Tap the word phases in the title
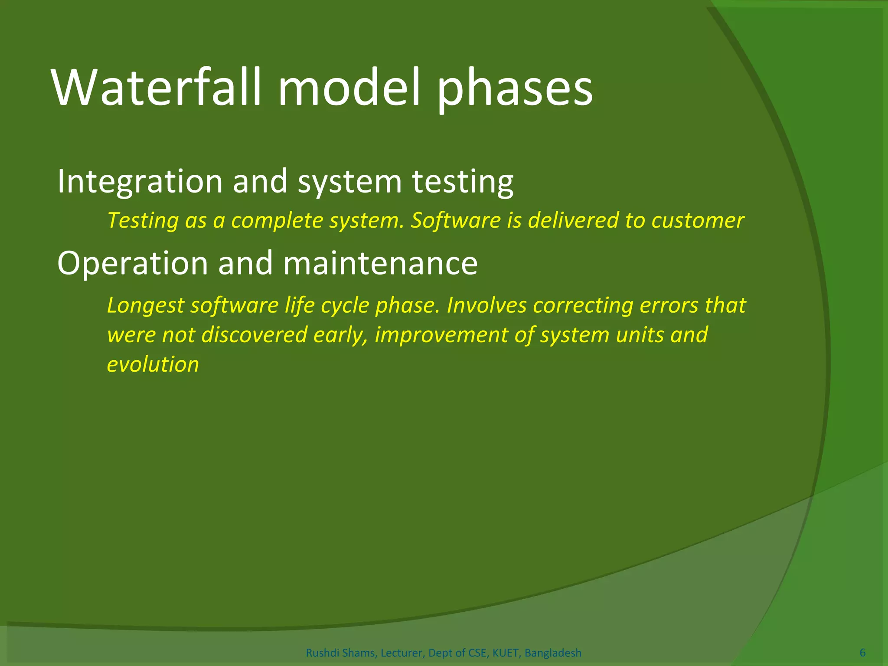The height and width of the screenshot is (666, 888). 515,89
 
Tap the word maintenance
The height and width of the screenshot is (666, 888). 380,263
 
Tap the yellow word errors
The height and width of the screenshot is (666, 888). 669,305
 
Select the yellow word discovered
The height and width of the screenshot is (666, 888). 254,335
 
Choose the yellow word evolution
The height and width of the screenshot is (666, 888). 153,364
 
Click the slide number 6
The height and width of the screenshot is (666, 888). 862,653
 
